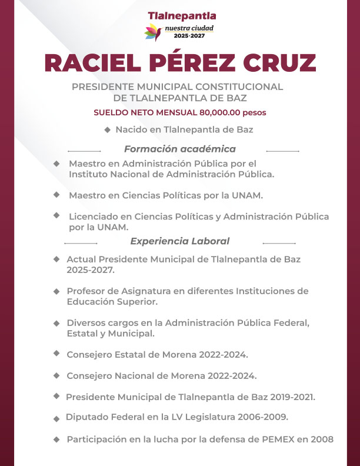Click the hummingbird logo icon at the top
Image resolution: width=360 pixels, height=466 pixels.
point(154,32)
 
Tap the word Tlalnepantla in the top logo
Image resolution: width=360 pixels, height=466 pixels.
point(182,15)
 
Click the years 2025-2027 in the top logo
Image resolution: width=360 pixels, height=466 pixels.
point(189,36)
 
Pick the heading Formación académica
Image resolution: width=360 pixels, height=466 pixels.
point(179,149)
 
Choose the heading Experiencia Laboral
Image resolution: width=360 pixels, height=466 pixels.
point(179,241)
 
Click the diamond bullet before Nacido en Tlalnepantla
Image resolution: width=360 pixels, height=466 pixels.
point(107,129)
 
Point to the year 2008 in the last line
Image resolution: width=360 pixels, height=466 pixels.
point(321,439)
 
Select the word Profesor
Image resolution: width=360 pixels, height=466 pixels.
point(86,291)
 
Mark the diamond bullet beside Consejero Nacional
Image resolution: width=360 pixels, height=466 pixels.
point(56,375)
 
